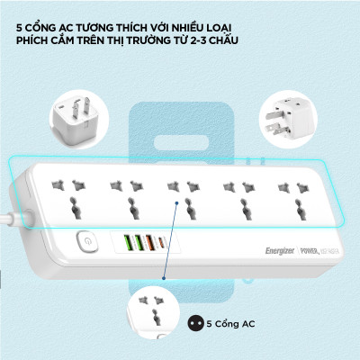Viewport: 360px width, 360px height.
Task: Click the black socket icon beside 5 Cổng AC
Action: [193, 322]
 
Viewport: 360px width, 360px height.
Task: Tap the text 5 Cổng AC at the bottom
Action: [229, 322]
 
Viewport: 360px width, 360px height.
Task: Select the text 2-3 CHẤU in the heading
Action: [220, 41]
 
